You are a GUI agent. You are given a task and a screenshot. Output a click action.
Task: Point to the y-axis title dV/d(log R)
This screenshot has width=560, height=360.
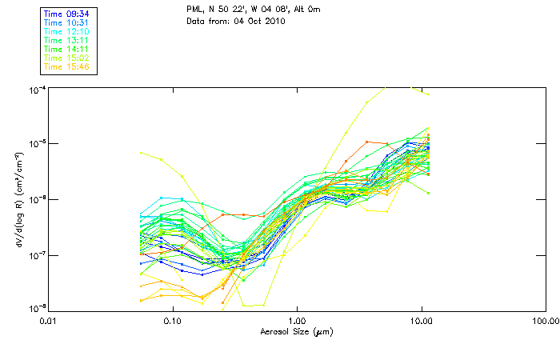click(17, 200)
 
